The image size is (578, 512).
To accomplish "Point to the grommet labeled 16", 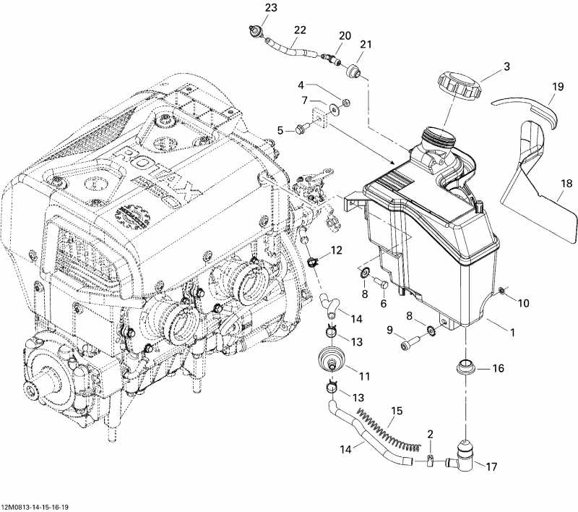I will tap(465, 367).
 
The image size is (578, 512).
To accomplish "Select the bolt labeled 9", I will tap(410, 342).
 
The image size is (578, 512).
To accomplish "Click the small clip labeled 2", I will tap(428, 458).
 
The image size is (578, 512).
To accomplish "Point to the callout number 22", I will tap(299, 30).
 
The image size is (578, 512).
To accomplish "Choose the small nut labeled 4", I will tap(345, 101).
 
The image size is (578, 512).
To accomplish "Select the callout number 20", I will tap(345, 35).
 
